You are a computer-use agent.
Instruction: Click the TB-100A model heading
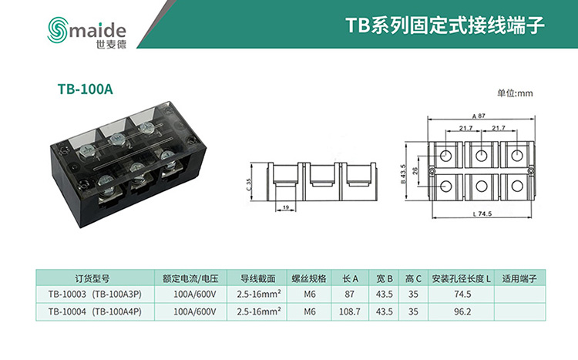86,89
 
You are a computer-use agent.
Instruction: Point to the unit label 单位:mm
515,93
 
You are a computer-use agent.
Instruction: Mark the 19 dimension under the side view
285,207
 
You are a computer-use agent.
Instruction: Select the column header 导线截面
257,278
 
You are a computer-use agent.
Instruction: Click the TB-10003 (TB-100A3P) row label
95,294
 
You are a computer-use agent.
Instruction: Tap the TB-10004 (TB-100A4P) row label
95,312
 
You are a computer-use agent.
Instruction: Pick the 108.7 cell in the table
350,312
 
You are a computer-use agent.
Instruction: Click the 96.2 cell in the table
462,312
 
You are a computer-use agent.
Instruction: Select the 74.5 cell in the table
462,294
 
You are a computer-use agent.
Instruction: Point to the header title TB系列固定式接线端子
445,25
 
